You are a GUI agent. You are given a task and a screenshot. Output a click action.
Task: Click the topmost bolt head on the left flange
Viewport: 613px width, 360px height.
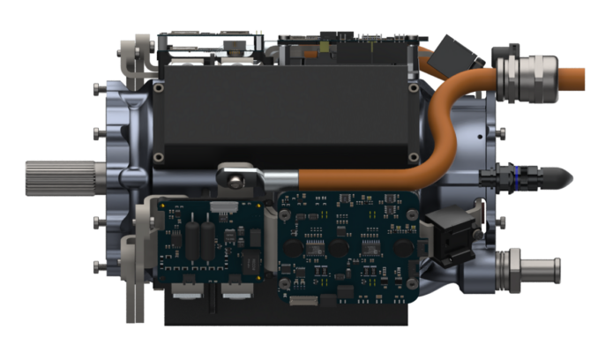click(96, 88)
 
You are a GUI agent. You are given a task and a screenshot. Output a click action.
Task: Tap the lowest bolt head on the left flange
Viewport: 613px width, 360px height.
click(96, 266)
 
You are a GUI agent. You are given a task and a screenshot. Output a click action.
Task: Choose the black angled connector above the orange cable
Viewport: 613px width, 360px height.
click(459, 54)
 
